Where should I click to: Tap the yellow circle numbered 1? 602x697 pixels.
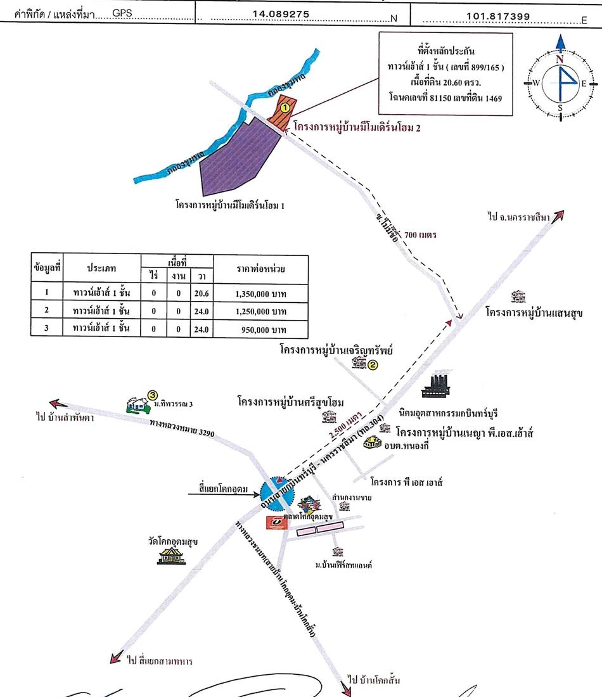[x=285, y=108]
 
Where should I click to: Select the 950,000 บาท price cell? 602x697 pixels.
[x=264, y=329]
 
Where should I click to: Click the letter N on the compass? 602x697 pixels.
[x=560, y=59]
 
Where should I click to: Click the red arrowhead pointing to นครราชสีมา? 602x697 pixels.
[x=558, y=216]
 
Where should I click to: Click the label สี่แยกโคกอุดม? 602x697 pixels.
[x=222, y=489]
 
